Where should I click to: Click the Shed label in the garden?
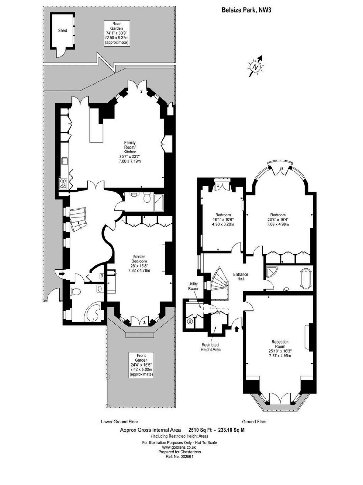coord(62,31)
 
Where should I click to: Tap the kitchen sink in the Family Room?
coord(65,161)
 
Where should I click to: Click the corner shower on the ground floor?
coord(271,273)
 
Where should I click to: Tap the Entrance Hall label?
coord(241,276)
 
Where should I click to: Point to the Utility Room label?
coord(193,286)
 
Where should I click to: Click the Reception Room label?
coord(280,344)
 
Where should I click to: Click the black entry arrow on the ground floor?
coord(236,329)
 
